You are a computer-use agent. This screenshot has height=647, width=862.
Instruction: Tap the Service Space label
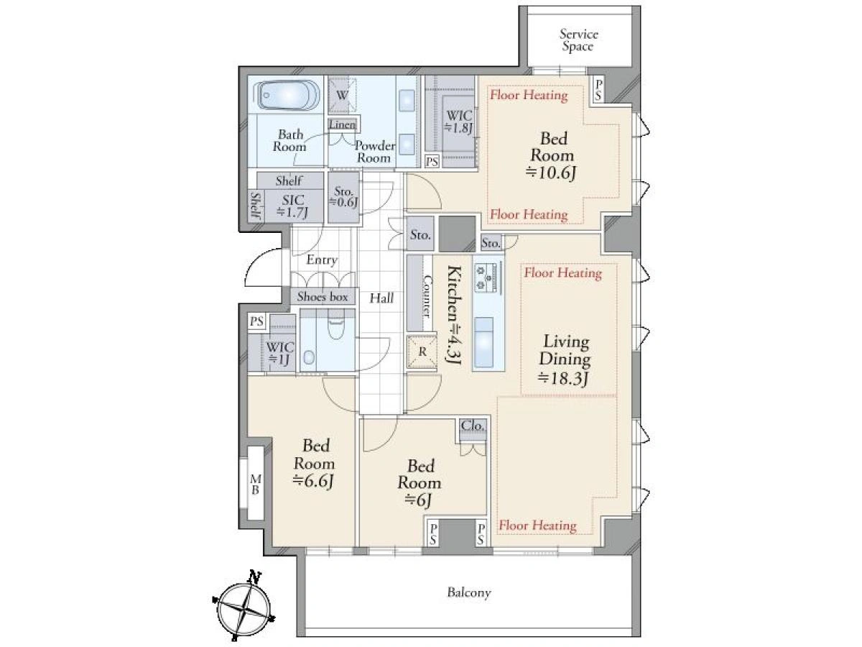tap(578, 40)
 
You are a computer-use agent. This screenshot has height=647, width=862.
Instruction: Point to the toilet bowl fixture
tap(335, 327)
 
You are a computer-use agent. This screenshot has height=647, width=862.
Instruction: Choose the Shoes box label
tap(323, 296)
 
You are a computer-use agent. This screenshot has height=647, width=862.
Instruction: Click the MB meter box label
tap(256, 484)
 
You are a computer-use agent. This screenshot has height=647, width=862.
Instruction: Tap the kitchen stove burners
tap(484, 277)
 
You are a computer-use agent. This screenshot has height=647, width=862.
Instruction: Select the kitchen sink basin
tap(483, 341)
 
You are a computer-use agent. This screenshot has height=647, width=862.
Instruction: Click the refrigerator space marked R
tap(422, 352)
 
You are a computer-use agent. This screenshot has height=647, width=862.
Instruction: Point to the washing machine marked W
tap(343, 95)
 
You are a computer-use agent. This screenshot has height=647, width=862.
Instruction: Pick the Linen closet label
tap(343, 124)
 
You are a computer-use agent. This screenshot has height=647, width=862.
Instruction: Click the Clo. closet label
tap(473, 426)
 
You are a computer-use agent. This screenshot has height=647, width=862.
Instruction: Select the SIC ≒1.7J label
tap(292, 206)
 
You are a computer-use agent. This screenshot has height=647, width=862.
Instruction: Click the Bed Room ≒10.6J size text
tap(552, 173)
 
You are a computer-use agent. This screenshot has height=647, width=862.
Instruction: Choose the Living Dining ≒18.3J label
tap(565, 360)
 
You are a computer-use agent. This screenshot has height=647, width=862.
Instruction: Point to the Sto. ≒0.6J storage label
tap(343, 197)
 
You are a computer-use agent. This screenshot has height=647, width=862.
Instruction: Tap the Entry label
tap(322, 260)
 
